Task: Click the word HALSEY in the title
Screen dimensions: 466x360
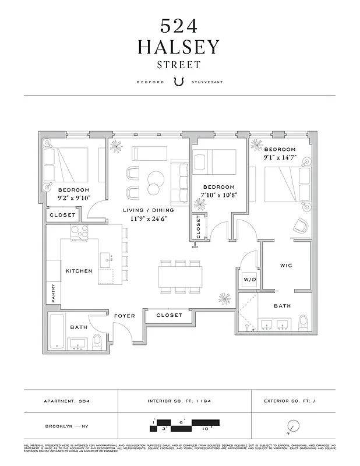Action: click(x=179, y=47)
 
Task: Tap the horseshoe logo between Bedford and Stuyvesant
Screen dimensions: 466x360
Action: click(x=179, y=82)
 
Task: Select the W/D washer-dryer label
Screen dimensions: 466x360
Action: click(x=249, y=280)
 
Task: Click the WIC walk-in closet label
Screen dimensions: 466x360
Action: click(x=285, y=266)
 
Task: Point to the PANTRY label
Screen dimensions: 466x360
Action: click(x=54, y=293)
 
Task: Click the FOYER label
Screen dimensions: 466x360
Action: click(x=125, y=316)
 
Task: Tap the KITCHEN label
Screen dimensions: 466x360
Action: click(x=79, y=271)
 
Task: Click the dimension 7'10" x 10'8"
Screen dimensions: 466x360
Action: click(x=219, y=195)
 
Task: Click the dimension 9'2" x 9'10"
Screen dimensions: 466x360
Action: click(x=73, y=197)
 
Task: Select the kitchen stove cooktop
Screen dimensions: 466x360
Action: click(x=79, y=232)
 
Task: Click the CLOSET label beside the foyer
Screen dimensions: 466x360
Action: click(x=169, y=315)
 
